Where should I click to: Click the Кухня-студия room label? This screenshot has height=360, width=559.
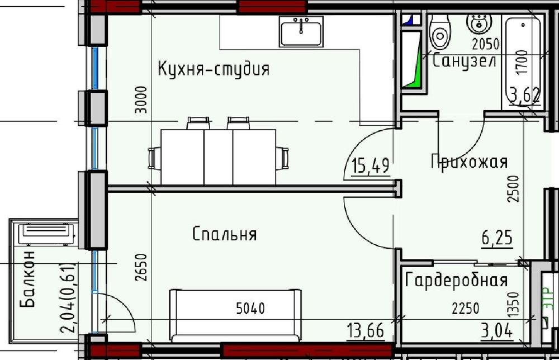(213, 69)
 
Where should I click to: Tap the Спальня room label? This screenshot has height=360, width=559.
(224, 234)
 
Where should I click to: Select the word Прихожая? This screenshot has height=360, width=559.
(469, 162)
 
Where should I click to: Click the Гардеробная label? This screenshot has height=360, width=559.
(457, 280)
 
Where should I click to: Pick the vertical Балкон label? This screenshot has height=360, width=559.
(28, 280)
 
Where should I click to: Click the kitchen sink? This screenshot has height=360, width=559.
(301, 31)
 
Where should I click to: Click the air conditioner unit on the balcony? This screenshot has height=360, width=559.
(46, 233)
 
